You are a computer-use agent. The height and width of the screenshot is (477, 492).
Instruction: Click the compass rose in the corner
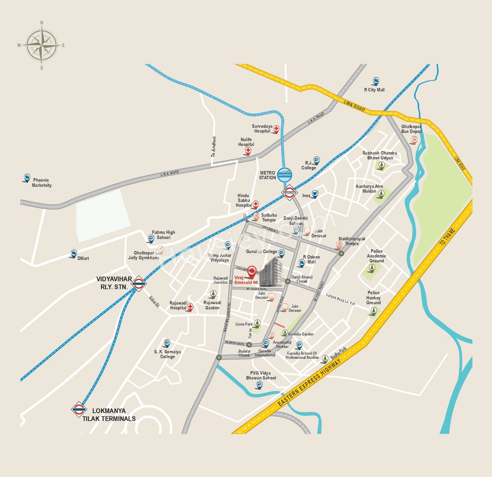[x=42, y=45]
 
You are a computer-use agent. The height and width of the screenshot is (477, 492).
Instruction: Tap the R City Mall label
[x=374, y=90]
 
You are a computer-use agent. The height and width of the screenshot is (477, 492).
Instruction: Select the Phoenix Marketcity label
[x=42, y=183]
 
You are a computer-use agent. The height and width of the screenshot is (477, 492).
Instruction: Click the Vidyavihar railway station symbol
[x=138, y=284]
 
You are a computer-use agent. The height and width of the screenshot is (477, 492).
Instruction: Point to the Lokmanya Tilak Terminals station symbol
[x=79, y=410]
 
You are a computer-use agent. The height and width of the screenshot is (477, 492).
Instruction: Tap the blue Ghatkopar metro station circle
[x=284, y=175]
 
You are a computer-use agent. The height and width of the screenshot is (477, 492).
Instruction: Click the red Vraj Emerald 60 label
[x=246, y=280]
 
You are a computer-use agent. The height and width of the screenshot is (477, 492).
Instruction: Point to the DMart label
[x=83, y=258]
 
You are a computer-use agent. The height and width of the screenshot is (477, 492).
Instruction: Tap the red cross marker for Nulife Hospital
[x=248, y=150]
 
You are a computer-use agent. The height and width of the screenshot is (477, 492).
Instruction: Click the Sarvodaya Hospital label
[x=262, y=129]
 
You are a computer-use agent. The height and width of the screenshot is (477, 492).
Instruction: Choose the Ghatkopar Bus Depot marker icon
[x=414, y=140]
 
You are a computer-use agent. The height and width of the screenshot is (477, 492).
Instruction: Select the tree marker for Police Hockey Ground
[x=372, y=311]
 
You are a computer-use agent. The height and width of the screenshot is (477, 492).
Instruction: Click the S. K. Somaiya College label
[x=167, y=354]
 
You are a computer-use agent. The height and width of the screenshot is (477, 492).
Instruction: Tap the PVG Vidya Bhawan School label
[x=261, y=376]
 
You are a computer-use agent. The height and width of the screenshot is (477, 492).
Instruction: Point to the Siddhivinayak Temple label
[x=352, y=241]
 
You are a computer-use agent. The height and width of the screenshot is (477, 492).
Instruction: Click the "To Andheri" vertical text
[x=213, y=146]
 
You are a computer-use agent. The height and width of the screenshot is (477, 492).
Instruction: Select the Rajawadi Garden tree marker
[x=213, y=294]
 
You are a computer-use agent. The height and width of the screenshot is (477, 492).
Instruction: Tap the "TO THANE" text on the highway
[x=447, y=237]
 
